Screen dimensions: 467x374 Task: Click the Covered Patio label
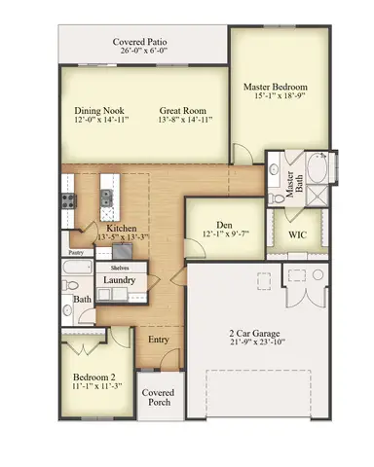(x=142, y=42)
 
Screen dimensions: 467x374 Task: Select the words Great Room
(x=183, y=110)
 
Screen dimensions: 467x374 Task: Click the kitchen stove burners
(x=70, y=201)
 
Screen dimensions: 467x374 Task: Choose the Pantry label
(x=76, y=252)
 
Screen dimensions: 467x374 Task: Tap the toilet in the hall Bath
(x=69, y=285)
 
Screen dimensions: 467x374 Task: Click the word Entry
(x=158, y=341)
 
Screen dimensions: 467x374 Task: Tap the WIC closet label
(x=298, y=235)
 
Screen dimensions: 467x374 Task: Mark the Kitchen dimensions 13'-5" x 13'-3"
(x=122, y=236)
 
